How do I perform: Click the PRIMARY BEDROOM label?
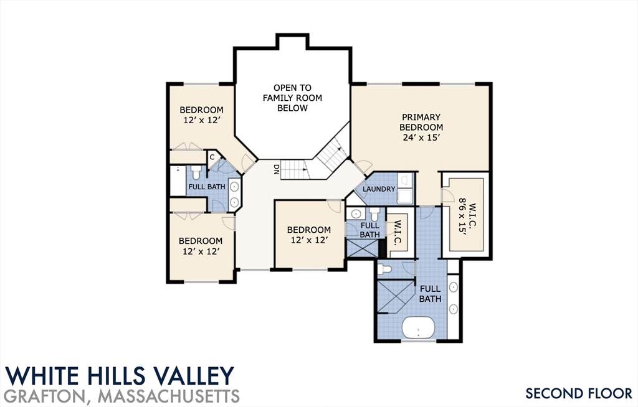coord(421,122)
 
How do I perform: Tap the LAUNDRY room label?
coord(379,189)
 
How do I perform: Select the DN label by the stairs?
coord(276,169)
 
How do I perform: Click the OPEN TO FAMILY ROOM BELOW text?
coord(292,98)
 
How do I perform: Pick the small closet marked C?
coord(212,157)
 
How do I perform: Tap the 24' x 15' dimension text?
coord(422,138)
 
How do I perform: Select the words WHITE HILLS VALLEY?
coord(120,376)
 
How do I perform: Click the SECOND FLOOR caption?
coord(579,393)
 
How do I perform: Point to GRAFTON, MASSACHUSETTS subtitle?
coord(123,396)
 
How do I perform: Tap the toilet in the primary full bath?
coord(384,269)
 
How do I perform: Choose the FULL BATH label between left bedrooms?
coord(207,187)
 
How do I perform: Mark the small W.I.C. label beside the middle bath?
coord(398,233)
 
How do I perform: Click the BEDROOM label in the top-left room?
coord(201,110)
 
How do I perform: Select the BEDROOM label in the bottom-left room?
coord(201,241)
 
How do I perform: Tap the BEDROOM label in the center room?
coord(309,230)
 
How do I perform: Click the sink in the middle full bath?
coord(356,214)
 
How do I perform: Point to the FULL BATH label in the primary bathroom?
coord(430,294)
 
